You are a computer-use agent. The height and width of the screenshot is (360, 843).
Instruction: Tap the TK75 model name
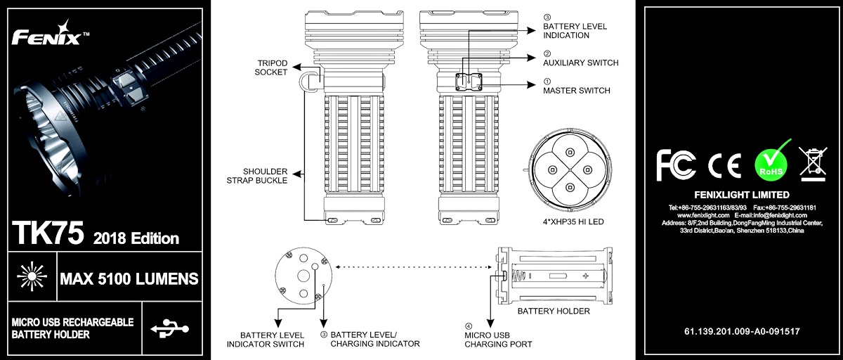coord(48,232)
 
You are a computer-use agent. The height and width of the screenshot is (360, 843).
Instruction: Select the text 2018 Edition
coord(136,238)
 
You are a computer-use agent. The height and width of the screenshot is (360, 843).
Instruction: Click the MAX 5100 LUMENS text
coord(129,280)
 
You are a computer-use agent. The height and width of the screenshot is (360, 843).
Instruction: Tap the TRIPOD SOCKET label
coord(271,67)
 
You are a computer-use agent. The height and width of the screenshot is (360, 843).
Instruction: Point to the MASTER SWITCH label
coord(577,91)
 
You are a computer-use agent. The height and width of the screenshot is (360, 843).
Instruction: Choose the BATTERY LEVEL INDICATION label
coord(575,31)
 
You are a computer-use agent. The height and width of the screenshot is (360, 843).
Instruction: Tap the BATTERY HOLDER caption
coord(554,311)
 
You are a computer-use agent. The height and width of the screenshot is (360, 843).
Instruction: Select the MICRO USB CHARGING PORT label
coord(498,340)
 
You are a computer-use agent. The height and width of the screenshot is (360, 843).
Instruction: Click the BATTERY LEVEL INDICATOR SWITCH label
coord(265,340)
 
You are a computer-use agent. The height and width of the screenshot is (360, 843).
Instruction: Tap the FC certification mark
coord(677,165)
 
